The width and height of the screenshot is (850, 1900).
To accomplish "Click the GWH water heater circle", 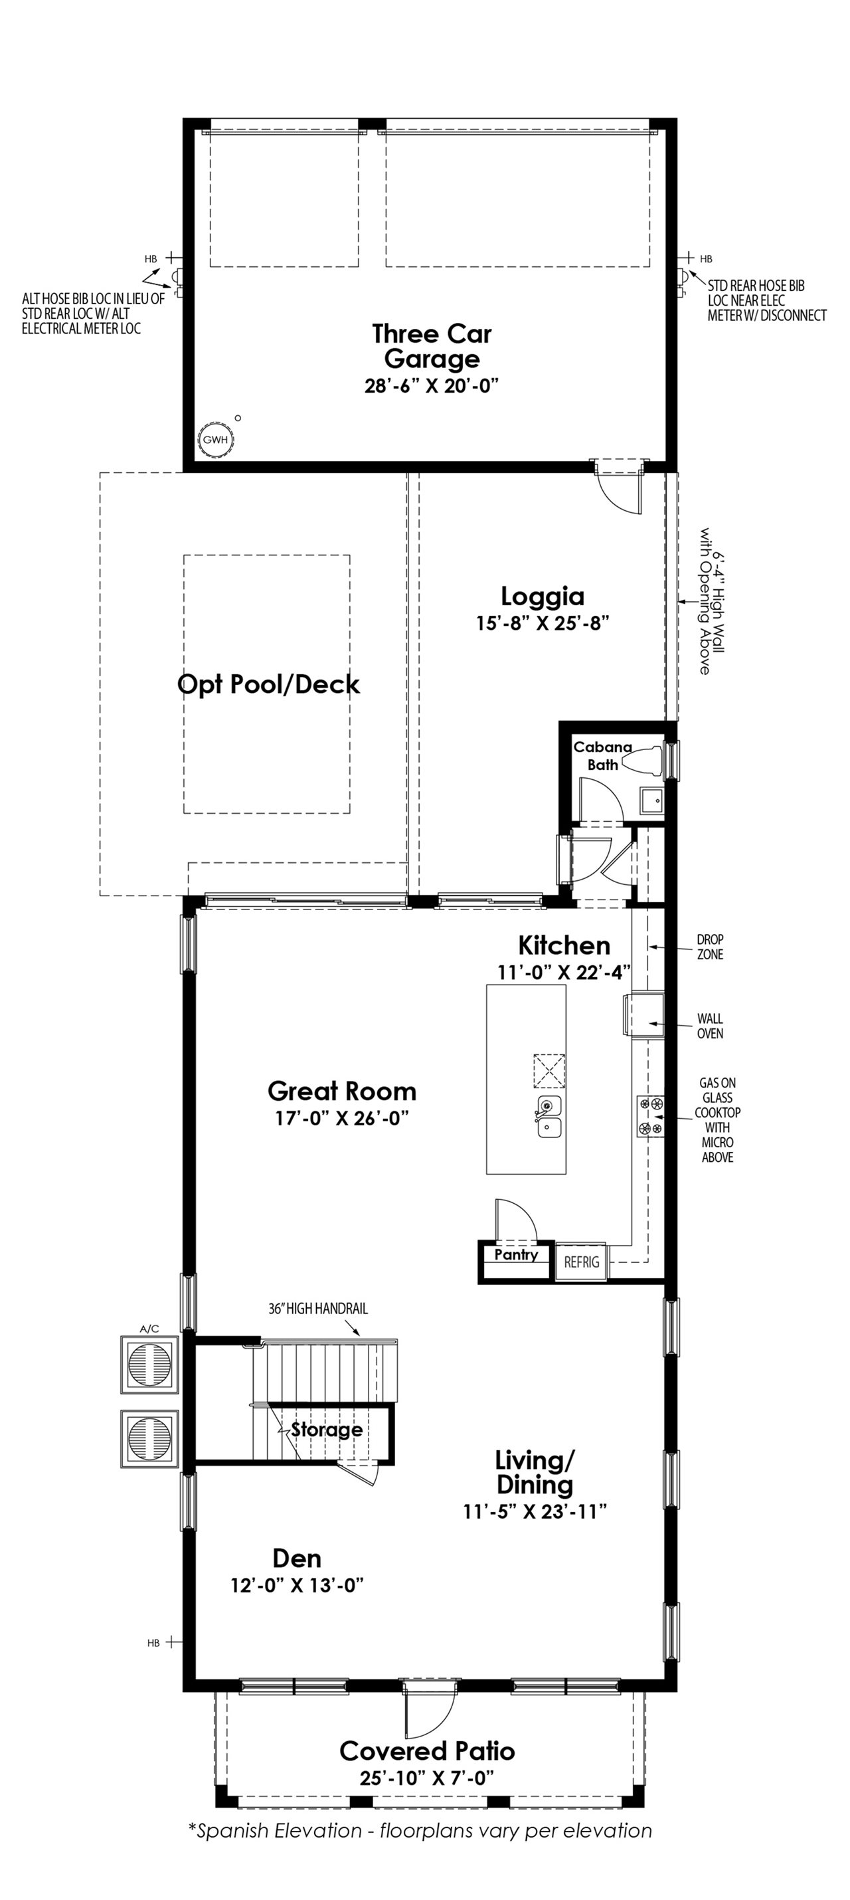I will [215, 440].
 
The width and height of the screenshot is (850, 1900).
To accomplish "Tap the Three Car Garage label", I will [431, 346].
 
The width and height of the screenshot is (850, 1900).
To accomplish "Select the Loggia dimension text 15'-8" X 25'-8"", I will [542, 623].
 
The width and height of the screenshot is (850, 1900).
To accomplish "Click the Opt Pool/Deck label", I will [268, 684].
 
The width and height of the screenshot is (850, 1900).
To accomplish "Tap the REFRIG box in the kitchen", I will [581, 1262].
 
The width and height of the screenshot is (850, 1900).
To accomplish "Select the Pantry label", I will [515, 1255].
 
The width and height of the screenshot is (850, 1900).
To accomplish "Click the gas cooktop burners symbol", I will [650, 1116].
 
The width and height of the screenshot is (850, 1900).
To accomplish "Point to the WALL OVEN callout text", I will [709, 1026].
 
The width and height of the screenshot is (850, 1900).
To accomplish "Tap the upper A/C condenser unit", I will [149, 1364].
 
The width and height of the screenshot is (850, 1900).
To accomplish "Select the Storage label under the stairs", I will [326, 1430].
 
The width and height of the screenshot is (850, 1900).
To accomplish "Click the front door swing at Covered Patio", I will [431, 1718].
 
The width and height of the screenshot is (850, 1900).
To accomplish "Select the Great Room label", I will [341, 1091].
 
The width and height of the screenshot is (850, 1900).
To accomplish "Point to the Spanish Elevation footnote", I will [420, 1831].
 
